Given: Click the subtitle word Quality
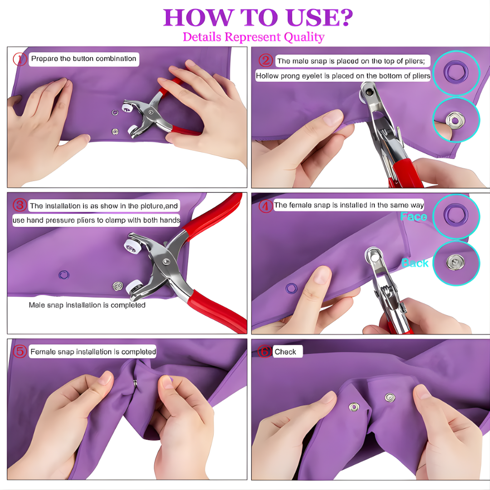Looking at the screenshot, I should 304,37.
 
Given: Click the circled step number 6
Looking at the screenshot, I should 265,352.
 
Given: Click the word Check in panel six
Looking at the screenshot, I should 285,352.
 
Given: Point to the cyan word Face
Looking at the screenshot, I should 413,217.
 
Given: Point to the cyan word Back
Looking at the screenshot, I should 415,263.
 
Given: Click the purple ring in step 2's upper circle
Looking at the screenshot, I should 455,71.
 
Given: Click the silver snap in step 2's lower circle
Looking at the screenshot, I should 455,120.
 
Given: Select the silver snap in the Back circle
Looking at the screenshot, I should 455,262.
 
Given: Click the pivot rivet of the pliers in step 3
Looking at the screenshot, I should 166,261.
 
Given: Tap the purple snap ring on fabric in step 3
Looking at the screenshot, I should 64,274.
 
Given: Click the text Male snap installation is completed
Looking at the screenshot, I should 87,305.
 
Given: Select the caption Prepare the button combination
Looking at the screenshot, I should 83,59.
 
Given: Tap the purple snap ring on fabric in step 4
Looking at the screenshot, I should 291,288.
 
